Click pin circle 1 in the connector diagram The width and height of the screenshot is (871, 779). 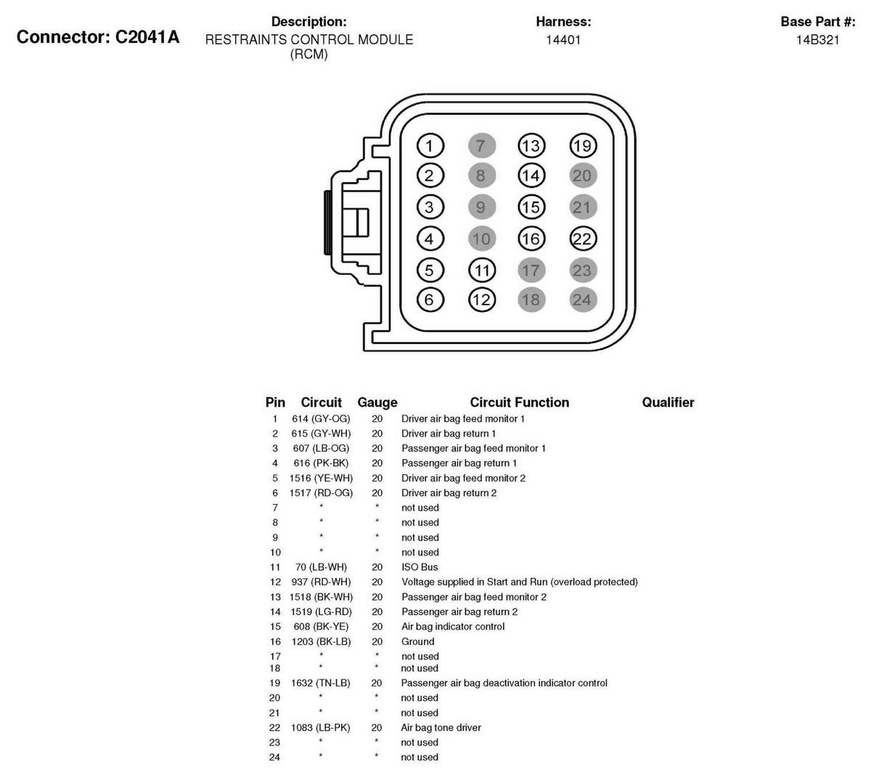[430, 146]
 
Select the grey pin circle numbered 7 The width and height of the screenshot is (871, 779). [481, 146]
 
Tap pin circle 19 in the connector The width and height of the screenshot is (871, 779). [582, 146]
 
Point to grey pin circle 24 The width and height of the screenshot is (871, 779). [582, 300]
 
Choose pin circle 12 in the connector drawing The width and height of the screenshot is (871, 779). [481, 300]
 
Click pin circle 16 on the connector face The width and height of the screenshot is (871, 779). [531, 239]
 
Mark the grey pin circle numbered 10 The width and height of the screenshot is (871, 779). [481, 239]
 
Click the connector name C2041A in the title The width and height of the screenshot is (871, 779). [147, 37]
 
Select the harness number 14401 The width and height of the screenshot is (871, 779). [563, 40]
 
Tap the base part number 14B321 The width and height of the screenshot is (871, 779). [817, 40]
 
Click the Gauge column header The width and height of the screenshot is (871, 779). [377, 403]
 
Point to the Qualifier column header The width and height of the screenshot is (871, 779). [668, 403]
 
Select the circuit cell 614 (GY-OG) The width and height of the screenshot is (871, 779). [321, 419]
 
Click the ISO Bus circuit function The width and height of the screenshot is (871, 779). [420, 567]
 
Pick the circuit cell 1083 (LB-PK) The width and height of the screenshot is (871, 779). [320, 728]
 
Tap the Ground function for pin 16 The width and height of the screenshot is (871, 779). [418, 641]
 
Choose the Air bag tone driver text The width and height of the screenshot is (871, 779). [441, 728]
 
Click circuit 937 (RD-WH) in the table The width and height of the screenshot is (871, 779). [320, 582]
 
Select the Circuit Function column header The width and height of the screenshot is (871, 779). [519, 403]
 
